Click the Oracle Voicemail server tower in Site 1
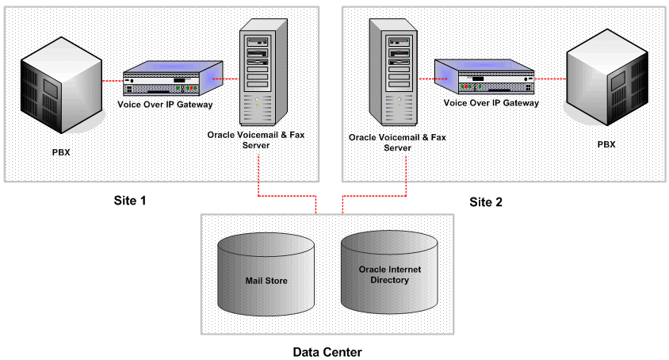pyautogui.click(x=259, y=73)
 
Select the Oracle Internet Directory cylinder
pyautogui.click(x=389, y=274)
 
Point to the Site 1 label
pyautogui.click(x=130, y=201)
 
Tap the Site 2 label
pyautogui.click(x=485, y=201)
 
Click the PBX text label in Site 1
pyautogui.click(x=59, y=151)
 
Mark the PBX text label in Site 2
pyautogui.click(x=606, y=144)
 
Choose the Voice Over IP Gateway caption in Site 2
pyautogui.click(x=491, y=102)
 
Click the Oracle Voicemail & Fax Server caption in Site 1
pyautogui.click(x=255, y=140)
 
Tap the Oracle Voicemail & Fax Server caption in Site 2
pyautogui.click(x=397, y=142)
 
